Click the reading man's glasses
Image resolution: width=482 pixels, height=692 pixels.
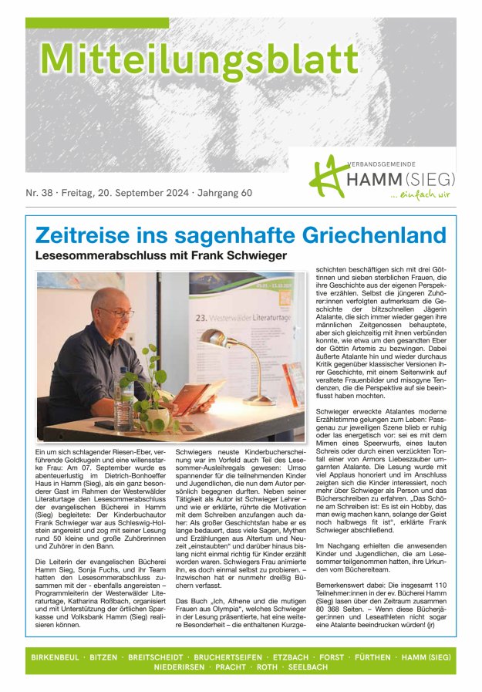(118, 312)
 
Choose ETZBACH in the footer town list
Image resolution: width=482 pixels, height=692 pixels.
(290, 657)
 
